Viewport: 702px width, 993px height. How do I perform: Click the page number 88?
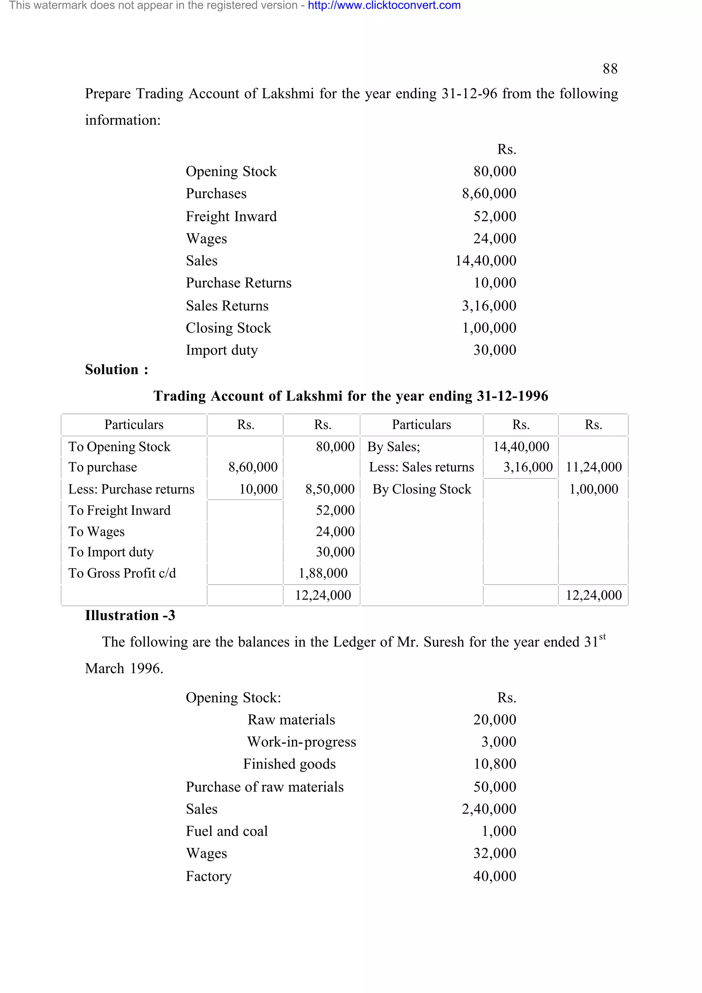click(x=610, y=69)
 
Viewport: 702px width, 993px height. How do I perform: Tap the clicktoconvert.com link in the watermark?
click(x=384, y=5)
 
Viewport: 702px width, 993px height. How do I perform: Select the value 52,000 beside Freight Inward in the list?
click(x=494, y=216)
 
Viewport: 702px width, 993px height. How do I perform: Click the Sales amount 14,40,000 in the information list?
click(x=485, y=260)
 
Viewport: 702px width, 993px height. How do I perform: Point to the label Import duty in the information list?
click(x=221, y=350)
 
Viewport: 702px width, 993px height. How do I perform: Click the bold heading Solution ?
click(x=116, y=369)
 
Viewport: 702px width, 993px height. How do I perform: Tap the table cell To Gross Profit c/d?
click(x=122, y=573)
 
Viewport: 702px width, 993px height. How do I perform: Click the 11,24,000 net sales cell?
click(x=593, y=467)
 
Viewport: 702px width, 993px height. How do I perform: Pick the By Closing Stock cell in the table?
click(x=421, y=489)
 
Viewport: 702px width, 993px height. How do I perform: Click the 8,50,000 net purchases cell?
click(x=330, y=489)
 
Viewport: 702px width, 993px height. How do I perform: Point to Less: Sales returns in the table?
click(x=421, y=467)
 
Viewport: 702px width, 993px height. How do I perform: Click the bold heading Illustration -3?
click(x=130, y=615)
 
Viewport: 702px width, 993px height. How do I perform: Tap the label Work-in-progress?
click(x=302, y=742)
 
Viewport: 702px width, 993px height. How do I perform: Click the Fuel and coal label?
click(x=227, y=831)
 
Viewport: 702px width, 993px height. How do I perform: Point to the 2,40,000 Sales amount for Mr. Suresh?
click(x=489, y=809)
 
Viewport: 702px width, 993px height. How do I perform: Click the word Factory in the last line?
click(x=208, y=876)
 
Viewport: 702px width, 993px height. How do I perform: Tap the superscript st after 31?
click(x=602, y=637)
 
